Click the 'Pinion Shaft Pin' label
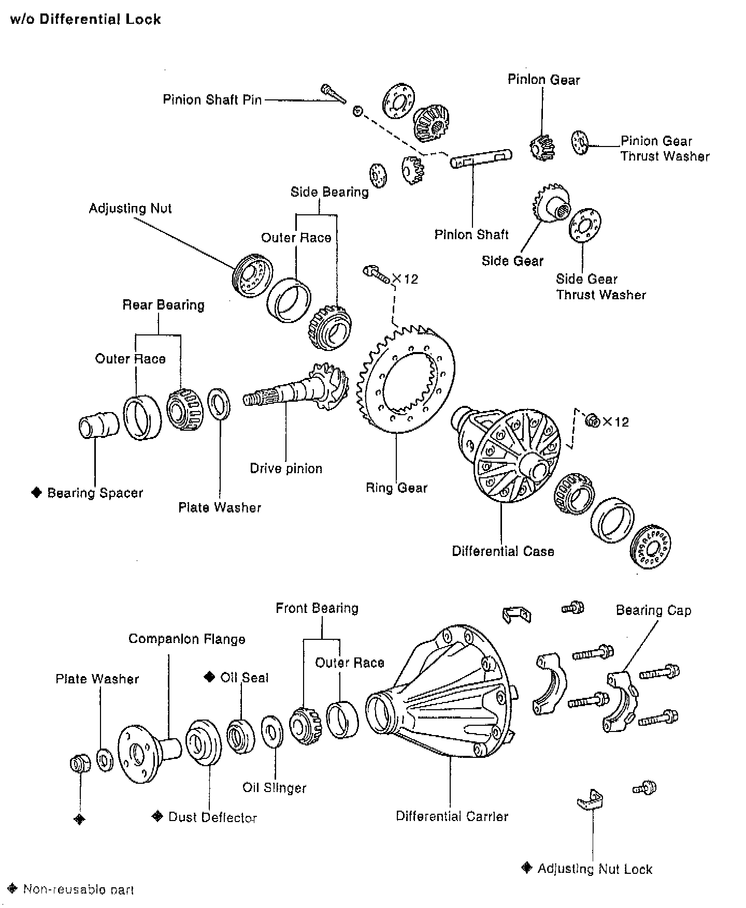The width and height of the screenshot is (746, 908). click(x=212, y=99)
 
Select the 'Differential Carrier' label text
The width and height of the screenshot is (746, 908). click(x=452, y=816)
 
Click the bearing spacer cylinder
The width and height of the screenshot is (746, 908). click(x=98, y=426)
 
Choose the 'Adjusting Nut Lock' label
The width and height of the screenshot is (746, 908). click(x=594, y=869)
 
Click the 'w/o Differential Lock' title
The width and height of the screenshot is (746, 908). click(x=85, y=20)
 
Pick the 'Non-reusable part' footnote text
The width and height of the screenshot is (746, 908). click(x=78, y=890)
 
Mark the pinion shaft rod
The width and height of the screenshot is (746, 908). click(x=480, y=158)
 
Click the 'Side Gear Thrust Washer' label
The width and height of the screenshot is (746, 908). click(x=600, y=287)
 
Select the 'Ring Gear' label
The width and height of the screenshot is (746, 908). click(x=396, y=488)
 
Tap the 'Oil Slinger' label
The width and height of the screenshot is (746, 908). click(x=274, y=788)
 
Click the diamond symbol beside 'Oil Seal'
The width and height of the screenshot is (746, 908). click(x=209, y=677)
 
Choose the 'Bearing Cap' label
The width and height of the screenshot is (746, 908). click(x=653, y=610)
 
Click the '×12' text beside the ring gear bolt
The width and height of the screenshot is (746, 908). click(x=405, y=279)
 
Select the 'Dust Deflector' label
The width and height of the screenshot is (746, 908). click(x=212, y=817)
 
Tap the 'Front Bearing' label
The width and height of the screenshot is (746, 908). click(x=317, y=608)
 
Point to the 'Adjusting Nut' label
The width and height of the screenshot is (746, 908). click(x=130, y=208)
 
